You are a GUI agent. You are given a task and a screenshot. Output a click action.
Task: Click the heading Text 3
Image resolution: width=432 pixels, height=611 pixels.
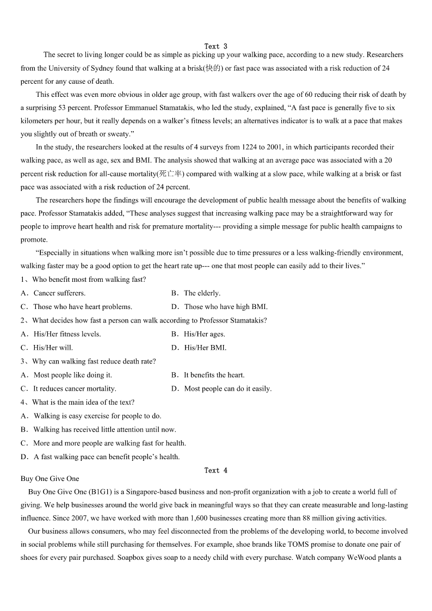point(216,46)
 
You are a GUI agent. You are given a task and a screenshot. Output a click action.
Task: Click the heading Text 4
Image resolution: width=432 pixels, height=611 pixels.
point(216,470)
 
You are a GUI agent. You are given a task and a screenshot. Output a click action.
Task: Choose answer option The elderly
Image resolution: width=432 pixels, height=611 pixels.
point(202,293)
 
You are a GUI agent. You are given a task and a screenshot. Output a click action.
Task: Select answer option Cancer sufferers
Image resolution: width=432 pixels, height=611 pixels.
point(59,293)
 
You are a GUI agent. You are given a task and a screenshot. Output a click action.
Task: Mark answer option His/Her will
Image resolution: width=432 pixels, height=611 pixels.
point(53,348)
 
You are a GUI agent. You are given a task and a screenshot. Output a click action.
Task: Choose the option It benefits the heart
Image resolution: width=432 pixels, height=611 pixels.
point(214,375)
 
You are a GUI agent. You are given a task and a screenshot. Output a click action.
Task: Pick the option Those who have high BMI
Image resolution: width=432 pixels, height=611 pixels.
point(226,306)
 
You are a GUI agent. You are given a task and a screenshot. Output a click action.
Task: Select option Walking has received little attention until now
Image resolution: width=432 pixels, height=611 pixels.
point(104,429)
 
